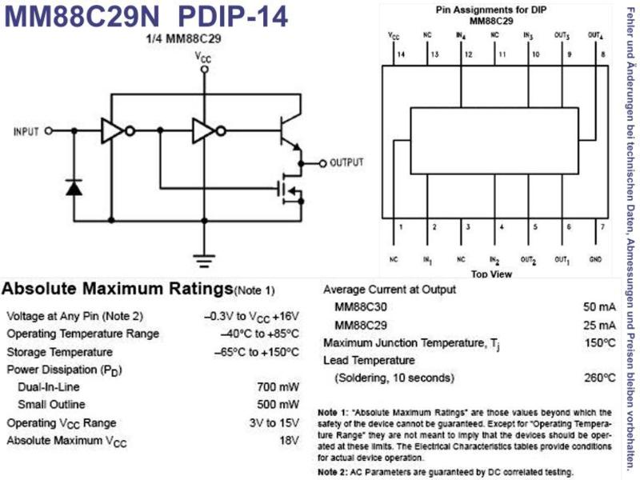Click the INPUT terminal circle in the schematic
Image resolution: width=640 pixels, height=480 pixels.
click(x=49, y=131)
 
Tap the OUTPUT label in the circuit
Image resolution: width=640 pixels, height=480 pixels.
click(x=346, y=162)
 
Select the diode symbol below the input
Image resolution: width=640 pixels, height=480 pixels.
click(x=74, y=187)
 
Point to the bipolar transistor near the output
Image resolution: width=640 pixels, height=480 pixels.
click(x=290, y=133)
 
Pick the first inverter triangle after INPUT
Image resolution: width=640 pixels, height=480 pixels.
click(x=112, y=131)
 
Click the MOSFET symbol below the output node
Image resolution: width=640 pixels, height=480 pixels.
click(x=290, y=189)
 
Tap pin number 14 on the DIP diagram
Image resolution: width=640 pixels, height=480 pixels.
click(x=402, y=54)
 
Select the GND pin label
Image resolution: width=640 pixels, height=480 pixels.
click(x=595, y=259)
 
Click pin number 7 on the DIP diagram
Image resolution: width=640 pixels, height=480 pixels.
click(x=602, y=227)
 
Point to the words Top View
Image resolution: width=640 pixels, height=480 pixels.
click(x=491, y=274)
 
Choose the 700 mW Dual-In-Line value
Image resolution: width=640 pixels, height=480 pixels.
click(x=278, y=387)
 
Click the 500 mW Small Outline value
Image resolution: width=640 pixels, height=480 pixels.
click(x=278, y=405)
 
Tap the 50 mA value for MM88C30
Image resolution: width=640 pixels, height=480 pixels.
click(x=599, y=307)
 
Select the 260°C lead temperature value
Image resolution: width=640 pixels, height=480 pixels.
click(x=599, y=378)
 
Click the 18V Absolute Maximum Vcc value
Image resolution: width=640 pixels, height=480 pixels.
click(x=290, y=441)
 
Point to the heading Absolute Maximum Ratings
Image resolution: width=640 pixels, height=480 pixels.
click(x=118, y=289)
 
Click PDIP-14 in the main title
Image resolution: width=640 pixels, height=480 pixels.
click(x=233, y=16)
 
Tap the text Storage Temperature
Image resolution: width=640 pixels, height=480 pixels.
click(x=59, y=352)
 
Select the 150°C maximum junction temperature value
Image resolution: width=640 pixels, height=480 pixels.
click(x=599, y=342)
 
